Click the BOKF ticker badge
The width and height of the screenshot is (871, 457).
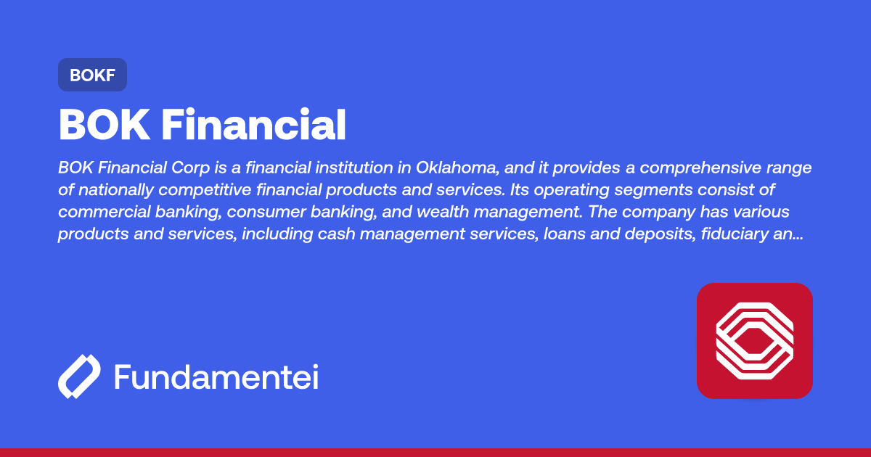coord(92,75)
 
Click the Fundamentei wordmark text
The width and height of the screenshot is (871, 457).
coord(216,378)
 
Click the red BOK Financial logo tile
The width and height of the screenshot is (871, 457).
coord(754,341)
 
